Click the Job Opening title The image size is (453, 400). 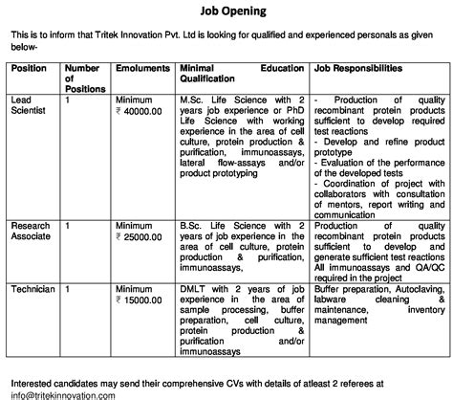click(x=226, y=11)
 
